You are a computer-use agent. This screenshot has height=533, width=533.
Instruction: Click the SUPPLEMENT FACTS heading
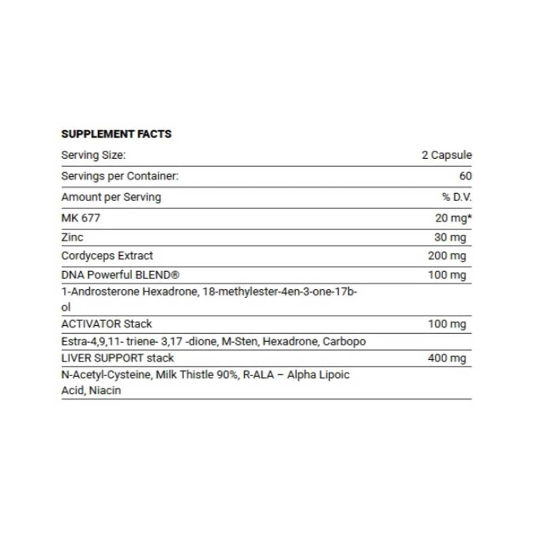pos(116,134)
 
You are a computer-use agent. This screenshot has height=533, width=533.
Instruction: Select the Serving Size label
pos(93,155)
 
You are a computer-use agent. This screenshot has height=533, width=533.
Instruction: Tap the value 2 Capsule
pos(446,155)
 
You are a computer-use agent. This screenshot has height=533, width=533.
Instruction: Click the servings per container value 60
pos(465,176)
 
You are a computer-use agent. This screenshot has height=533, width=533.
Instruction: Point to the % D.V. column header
pos(457,197)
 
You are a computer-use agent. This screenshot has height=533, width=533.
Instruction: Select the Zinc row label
pos(72,237)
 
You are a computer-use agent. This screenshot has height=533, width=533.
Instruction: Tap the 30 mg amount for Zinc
pos(450,238)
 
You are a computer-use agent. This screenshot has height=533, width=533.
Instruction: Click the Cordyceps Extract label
pos(107,256)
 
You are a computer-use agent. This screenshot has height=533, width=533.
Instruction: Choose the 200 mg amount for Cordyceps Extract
pos(447,256)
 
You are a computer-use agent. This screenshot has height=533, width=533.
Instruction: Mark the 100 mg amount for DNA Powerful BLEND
pos(447,276)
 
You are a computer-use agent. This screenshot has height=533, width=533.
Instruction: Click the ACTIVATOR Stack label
pos(107,324)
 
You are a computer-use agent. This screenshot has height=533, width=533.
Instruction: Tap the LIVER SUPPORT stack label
pos(117,358)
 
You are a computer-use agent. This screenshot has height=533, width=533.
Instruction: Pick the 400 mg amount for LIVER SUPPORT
pos(447,358)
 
